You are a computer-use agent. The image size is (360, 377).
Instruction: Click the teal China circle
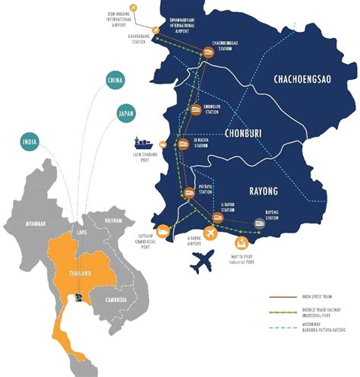(x=115, y=81)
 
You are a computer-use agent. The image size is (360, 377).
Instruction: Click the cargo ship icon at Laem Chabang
(x=143, y=142)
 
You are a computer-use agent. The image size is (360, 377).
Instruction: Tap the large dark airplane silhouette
(x=202, y=263)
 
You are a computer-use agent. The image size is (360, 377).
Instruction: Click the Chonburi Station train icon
(x=195, y=109)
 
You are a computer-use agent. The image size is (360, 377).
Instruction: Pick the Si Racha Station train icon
(x=182, y=144)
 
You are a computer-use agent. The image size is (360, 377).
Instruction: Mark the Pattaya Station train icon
(x=188, y=193)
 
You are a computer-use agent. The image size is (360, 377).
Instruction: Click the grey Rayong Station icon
(x=261, y=223)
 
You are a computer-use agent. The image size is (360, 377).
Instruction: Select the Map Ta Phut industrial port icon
(x=242, y=242)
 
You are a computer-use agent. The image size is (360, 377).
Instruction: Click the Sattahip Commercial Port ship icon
(x=162, y=232)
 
